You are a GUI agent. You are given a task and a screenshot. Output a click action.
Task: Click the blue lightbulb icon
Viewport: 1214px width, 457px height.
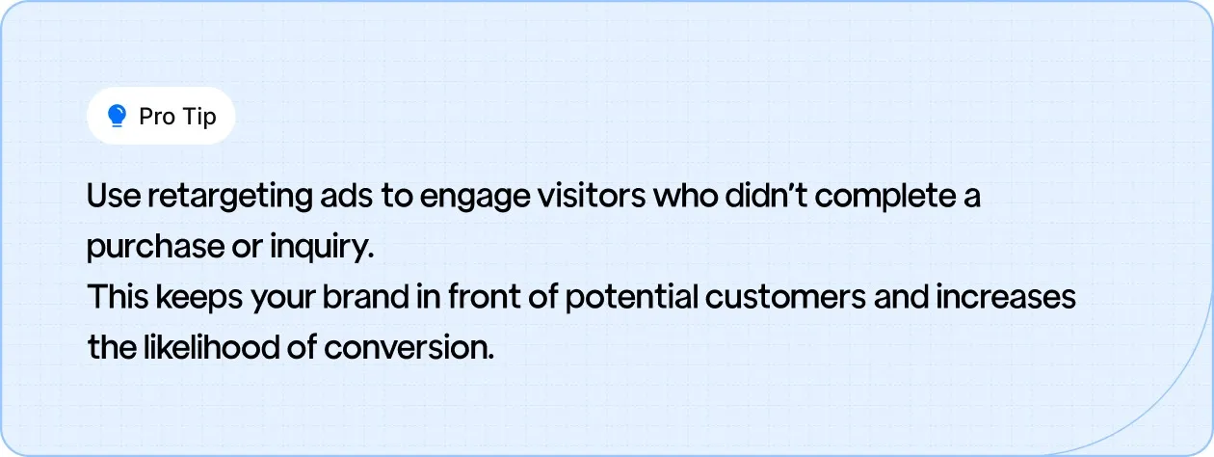(x=117, y=117)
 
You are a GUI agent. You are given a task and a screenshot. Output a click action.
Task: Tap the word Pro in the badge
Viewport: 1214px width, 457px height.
(x=156, y=117)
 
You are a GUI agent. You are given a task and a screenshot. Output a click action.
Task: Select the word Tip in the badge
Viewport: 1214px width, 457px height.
(x=198, y=117)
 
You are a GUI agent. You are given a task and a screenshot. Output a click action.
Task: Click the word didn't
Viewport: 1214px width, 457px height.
(x=749, y=197)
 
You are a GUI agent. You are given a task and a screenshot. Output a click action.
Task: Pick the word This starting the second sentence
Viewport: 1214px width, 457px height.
(x=115, y=297)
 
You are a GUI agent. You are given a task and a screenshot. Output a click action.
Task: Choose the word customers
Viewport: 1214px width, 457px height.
(x=786, y=297)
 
